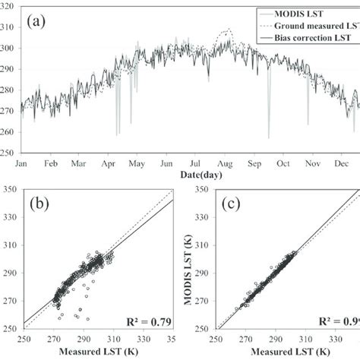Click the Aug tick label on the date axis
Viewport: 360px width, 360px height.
pyautogui.click(x=225, y=163)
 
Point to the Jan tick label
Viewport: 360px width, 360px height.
pyautogui.click(x=22, y=163)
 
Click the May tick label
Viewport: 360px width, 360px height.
pyautogui.click(x=137, y=163)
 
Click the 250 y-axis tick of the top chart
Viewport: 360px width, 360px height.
pyautogui.click(x=8, y=153)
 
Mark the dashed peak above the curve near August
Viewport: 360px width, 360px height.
pyautogui.click(x=224, y=31)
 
